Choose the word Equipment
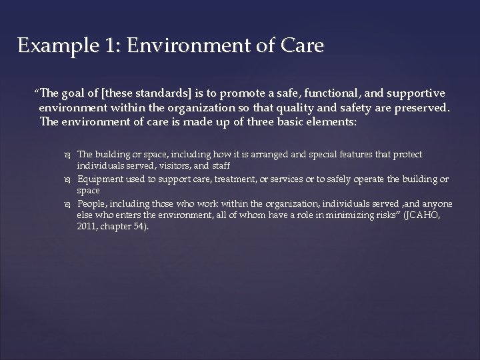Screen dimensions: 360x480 click(x=99, y=180)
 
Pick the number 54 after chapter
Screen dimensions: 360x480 click(x=137, y=227)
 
